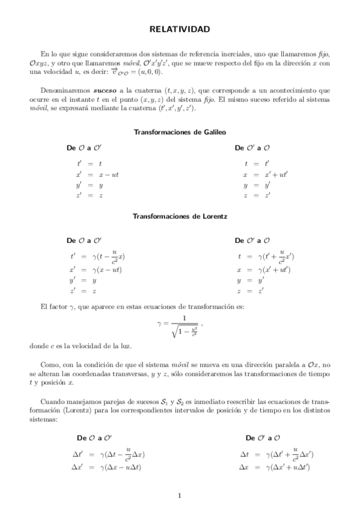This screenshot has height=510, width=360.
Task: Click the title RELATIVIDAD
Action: [x=180, y=29]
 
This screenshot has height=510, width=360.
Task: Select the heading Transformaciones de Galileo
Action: [x=180, y=132]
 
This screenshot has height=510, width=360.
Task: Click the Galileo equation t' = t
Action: [x=90, y=163]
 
